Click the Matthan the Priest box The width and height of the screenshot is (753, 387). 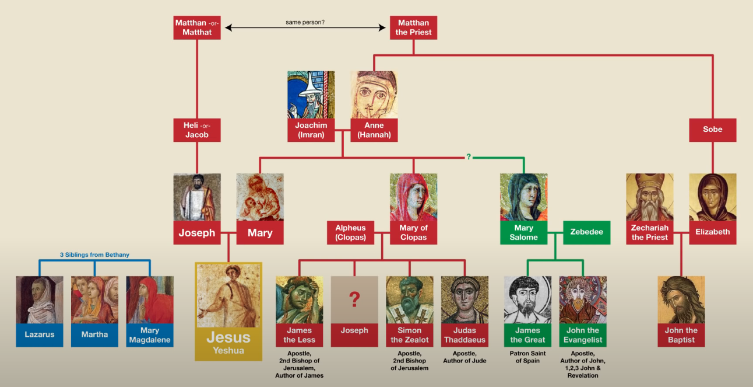413,27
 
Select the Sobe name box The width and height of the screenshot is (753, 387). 712,130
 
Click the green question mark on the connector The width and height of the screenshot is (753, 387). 468,157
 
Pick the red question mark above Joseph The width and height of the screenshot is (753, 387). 354,299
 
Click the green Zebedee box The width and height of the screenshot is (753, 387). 586,232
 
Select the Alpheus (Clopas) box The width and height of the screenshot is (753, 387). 350,232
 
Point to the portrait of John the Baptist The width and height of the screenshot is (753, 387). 681,299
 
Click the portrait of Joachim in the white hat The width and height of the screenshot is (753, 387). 311,95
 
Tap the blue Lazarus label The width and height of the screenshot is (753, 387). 40,334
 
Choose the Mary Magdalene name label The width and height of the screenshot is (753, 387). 150,334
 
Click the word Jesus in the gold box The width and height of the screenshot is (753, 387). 228,337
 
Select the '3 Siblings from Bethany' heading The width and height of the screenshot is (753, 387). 94,254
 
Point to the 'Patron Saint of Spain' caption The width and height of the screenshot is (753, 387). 527,357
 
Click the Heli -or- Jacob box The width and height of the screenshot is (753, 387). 197,130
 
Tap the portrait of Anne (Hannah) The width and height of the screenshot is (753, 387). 374,95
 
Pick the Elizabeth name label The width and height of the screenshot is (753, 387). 712,232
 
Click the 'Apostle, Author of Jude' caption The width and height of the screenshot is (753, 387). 465,357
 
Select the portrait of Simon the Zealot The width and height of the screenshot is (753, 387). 409,299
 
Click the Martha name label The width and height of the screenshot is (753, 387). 94,334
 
